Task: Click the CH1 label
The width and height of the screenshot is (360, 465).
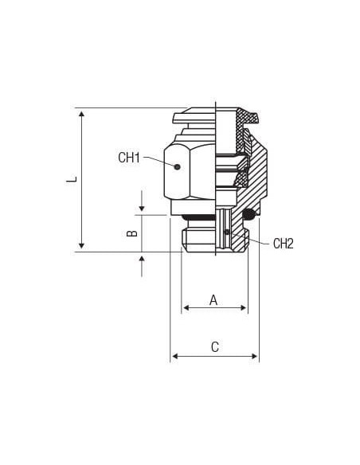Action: (x=129, y=158)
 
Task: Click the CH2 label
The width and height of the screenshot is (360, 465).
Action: (x=284, y=244)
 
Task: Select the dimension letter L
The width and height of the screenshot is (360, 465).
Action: (x=72, y=179)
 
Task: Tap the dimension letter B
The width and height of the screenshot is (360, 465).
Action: (x=132, y=233)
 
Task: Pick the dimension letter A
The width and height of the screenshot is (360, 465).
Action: (x=213, y=300)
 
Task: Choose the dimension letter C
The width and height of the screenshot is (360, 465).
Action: (x=215, y=347)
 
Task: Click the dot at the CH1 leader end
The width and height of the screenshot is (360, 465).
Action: (x=178, y=167)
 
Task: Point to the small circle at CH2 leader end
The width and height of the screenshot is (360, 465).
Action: (x=227, y=232)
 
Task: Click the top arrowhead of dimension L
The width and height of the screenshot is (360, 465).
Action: (x=81, y=113)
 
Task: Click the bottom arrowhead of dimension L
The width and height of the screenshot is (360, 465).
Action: (x=81, y=245)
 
